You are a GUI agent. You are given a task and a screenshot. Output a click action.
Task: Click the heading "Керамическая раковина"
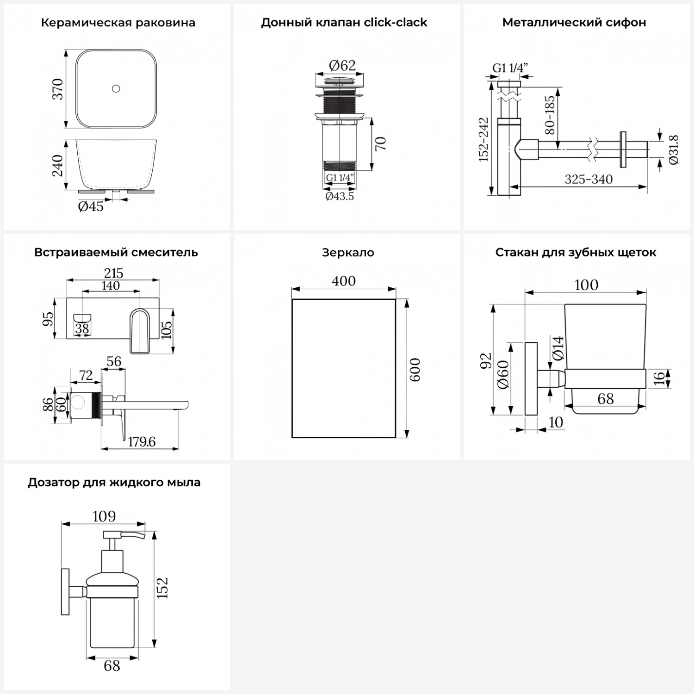pos(118,23)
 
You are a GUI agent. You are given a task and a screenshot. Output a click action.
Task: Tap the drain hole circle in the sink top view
pos(116,88)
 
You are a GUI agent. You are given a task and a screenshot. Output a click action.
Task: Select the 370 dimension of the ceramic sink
pos(57,89)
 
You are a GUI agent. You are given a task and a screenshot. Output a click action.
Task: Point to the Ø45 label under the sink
pos(91,206)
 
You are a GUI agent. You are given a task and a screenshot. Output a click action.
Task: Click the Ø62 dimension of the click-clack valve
pos(342,66)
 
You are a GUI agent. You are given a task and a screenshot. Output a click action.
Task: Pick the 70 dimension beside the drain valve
pos(380,144)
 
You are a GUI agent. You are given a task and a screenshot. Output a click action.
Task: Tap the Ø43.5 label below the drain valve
pos(340,196)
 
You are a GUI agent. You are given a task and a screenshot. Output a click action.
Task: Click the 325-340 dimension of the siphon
pos(589,179)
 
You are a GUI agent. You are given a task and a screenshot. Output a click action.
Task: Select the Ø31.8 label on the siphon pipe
pos(674,149)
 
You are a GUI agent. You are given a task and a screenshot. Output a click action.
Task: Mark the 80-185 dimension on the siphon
pos(550,115)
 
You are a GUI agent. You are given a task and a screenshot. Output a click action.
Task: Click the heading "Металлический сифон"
pos(574,23)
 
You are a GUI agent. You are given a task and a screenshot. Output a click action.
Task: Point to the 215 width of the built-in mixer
pos(114,273)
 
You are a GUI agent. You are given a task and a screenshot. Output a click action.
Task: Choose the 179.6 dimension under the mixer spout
pos(142,442)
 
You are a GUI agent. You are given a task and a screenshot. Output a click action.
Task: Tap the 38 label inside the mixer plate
pos(82,328)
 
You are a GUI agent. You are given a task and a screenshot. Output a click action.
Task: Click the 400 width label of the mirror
pos(344,281)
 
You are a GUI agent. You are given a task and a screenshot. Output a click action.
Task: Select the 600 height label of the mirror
pos(415,369)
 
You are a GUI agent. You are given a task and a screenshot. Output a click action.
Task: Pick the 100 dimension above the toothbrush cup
pos(586,285)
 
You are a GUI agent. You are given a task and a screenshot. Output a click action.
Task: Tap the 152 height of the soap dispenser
pos(162,588)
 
